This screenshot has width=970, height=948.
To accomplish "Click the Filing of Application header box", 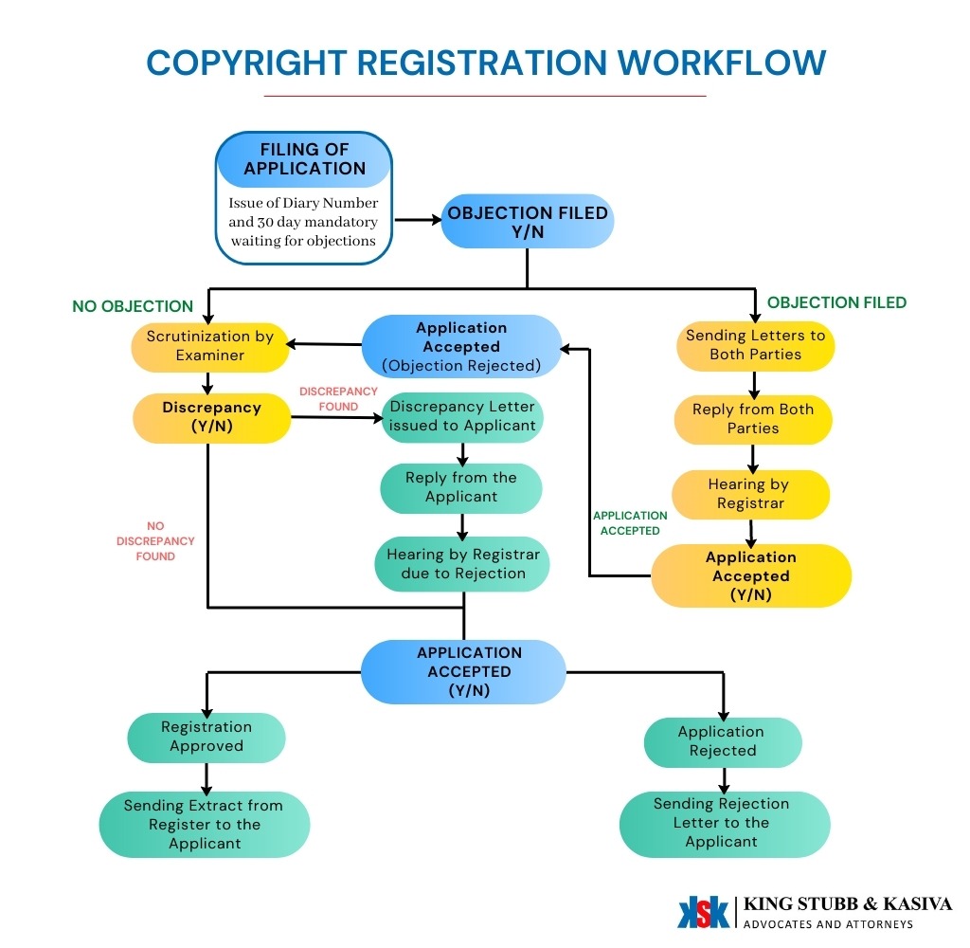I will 304,159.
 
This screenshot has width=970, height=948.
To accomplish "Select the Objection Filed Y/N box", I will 528,222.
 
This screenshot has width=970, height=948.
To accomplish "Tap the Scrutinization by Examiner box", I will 209,345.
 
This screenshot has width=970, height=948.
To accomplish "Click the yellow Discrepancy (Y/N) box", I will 211,416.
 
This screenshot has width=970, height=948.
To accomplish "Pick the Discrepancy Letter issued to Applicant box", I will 462,416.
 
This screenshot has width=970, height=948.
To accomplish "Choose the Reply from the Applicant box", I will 461,487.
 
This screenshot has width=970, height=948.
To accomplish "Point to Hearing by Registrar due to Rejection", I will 462,564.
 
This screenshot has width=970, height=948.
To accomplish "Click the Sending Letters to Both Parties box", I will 755,345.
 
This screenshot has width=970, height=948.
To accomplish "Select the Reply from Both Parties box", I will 753,419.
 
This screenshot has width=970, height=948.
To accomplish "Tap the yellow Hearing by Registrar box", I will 750,494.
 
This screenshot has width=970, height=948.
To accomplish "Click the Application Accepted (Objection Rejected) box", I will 461,346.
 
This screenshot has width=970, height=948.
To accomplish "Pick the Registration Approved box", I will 207,737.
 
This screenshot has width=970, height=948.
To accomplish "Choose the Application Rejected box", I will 722,741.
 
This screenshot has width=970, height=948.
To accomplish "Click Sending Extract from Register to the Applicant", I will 204,824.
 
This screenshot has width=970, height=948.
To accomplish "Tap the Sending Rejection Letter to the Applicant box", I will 722,823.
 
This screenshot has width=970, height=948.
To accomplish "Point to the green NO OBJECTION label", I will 133,307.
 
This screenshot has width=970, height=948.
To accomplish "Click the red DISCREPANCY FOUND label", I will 338,399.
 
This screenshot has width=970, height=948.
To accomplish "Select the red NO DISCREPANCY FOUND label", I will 155,541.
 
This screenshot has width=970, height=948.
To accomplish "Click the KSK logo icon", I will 703,911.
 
